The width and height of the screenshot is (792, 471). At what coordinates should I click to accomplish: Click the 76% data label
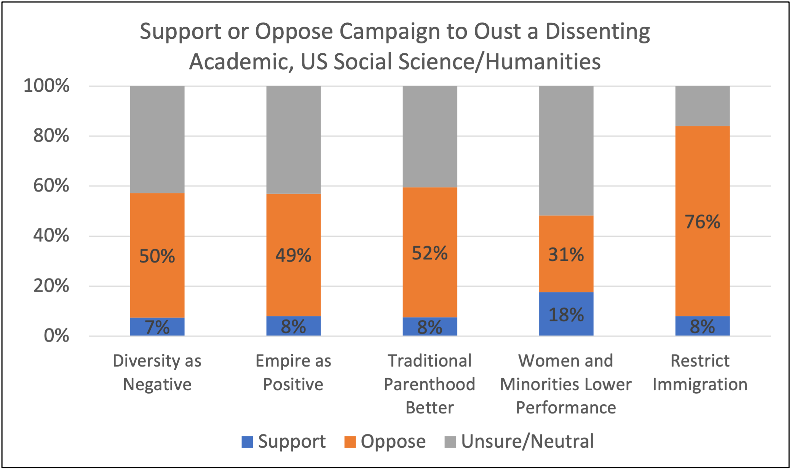point(702,222)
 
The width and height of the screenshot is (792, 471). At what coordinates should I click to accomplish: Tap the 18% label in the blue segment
point(566,315)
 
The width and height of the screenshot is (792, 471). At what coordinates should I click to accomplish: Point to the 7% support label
point(157,327)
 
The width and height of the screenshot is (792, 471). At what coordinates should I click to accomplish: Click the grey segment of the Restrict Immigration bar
point(702,106)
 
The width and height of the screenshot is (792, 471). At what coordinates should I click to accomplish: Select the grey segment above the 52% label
point(430,136)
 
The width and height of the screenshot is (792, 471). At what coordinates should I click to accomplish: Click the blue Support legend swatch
point(247,442)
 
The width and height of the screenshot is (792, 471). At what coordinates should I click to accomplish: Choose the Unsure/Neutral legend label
point(527,442)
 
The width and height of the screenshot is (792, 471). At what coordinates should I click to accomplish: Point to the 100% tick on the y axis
point(46,86)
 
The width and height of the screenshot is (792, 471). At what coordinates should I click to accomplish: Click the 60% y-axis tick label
point(51,186)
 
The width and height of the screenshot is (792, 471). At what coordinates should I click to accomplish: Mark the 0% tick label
point(56,336)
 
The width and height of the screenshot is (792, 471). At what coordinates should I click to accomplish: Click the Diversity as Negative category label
point(157,372)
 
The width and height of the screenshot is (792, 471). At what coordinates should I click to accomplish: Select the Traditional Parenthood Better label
point(430,384)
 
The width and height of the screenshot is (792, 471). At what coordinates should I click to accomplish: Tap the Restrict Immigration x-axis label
point(700,372)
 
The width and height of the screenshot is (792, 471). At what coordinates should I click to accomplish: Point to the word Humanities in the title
point(543,62)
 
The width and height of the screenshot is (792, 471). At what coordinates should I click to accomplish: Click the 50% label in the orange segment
point(157,256)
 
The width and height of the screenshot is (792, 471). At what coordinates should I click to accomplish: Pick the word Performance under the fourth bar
point(566,407)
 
